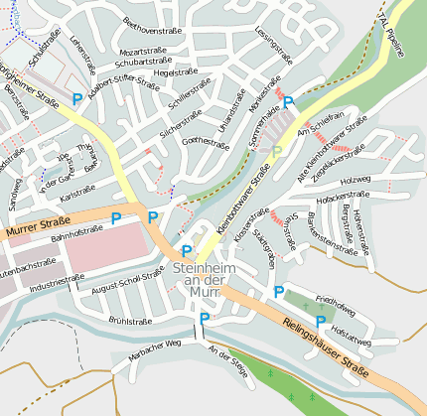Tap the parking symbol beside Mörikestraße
pos(288,102)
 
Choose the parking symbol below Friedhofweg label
pos(320,322)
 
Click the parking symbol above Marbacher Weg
pos(205,319)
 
